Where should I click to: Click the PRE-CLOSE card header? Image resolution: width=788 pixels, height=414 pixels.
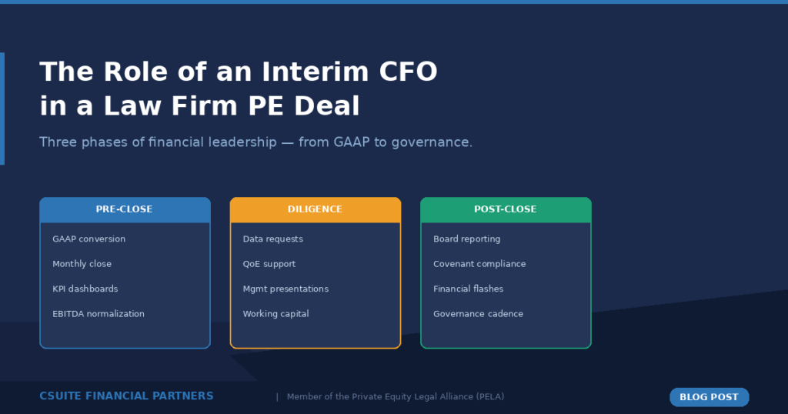124,209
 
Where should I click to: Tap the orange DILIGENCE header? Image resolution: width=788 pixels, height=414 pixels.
315,209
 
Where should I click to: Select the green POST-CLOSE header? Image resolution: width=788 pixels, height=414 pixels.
505,209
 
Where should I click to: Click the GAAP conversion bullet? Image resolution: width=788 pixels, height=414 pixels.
88,239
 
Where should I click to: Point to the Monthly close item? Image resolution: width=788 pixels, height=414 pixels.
82,264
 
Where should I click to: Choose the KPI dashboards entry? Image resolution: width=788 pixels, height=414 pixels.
85,289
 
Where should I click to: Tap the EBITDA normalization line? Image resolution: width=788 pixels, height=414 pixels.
98,314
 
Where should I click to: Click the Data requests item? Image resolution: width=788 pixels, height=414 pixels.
272,239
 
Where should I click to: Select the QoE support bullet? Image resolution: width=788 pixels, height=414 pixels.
269,264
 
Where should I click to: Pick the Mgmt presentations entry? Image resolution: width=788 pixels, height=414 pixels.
285,289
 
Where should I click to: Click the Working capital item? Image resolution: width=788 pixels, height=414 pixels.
275,314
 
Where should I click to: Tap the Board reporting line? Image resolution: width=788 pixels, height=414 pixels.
466,239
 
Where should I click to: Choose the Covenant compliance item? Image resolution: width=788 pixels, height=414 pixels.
479,264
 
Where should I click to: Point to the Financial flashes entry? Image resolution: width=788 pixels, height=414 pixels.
468,289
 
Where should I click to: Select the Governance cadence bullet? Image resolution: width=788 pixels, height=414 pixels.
478,314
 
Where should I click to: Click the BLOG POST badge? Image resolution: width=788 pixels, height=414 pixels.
709,397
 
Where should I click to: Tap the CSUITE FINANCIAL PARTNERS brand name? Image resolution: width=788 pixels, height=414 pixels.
126,396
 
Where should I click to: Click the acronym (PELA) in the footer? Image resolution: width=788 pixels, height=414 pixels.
489,397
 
